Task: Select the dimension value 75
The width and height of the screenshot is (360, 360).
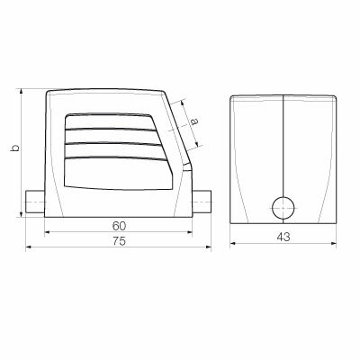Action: (x=120, y=243)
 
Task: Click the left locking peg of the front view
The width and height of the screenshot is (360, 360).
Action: (x=33, y=202)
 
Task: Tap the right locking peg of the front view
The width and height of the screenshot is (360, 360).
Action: (x=205, y=202)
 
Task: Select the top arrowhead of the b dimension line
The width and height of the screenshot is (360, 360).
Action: (x=22, y=94)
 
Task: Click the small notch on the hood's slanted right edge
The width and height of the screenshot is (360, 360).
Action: (x=186, y=166)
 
